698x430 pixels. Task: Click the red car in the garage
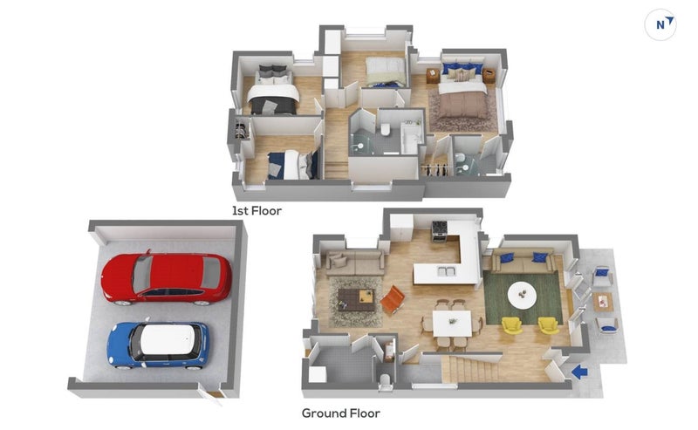pos(167,278)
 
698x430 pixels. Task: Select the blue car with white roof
pos(158,345)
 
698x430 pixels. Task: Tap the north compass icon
pos(660,24)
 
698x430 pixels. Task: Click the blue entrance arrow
pos(579,372)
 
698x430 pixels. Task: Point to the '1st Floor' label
pos(257,210)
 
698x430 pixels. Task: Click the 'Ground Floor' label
pos(341,413)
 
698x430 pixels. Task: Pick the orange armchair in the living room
pos(392,299)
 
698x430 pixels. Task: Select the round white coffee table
pos(523,295)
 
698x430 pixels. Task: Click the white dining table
pos(452,324)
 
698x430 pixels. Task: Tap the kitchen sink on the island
pos(446,270)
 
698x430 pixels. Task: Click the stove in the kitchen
pos(439,230)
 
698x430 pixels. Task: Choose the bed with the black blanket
pos(272,92)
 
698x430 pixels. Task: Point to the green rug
pos(523,298)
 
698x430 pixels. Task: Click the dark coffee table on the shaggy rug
pos(356,299)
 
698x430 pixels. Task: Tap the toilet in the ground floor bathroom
pos(386,381)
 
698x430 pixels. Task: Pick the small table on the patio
pos(603,302)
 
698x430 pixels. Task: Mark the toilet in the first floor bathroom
pos(386,130)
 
